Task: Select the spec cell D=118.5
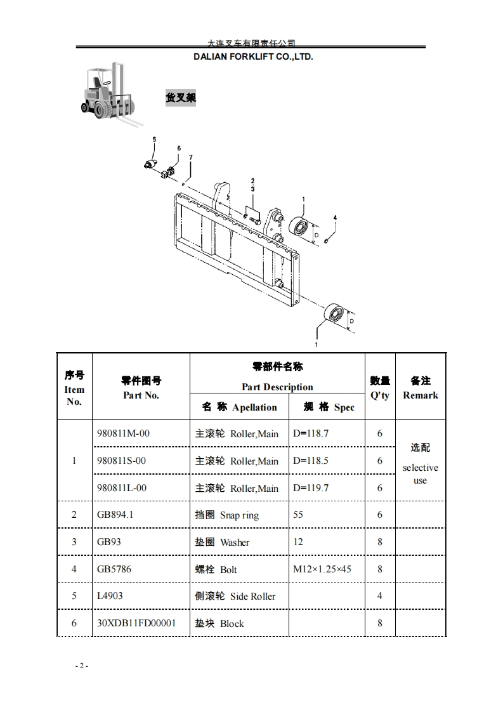(x=311, y=461)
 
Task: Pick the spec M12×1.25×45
(x=322, y=569)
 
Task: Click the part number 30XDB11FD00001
(x=136, y=623)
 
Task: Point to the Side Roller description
(x=235, y=596)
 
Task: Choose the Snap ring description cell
(x=227, y=515)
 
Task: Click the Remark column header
(x=421, y=388)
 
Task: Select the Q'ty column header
(x=380, y=388)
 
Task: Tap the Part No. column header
(x=141, y=388)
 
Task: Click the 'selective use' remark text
(x=420, y=473)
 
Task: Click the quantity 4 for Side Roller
(x=380, y=596)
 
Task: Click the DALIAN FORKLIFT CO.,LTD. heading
(x=253, y=56)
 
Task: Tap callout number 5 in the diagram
(x=153, y=139)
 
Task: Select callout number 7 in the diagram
(x=190, y=157)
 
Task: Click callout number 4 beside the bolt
(x=335, y=218)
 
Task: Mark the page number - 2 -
(x=81, y=666)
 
